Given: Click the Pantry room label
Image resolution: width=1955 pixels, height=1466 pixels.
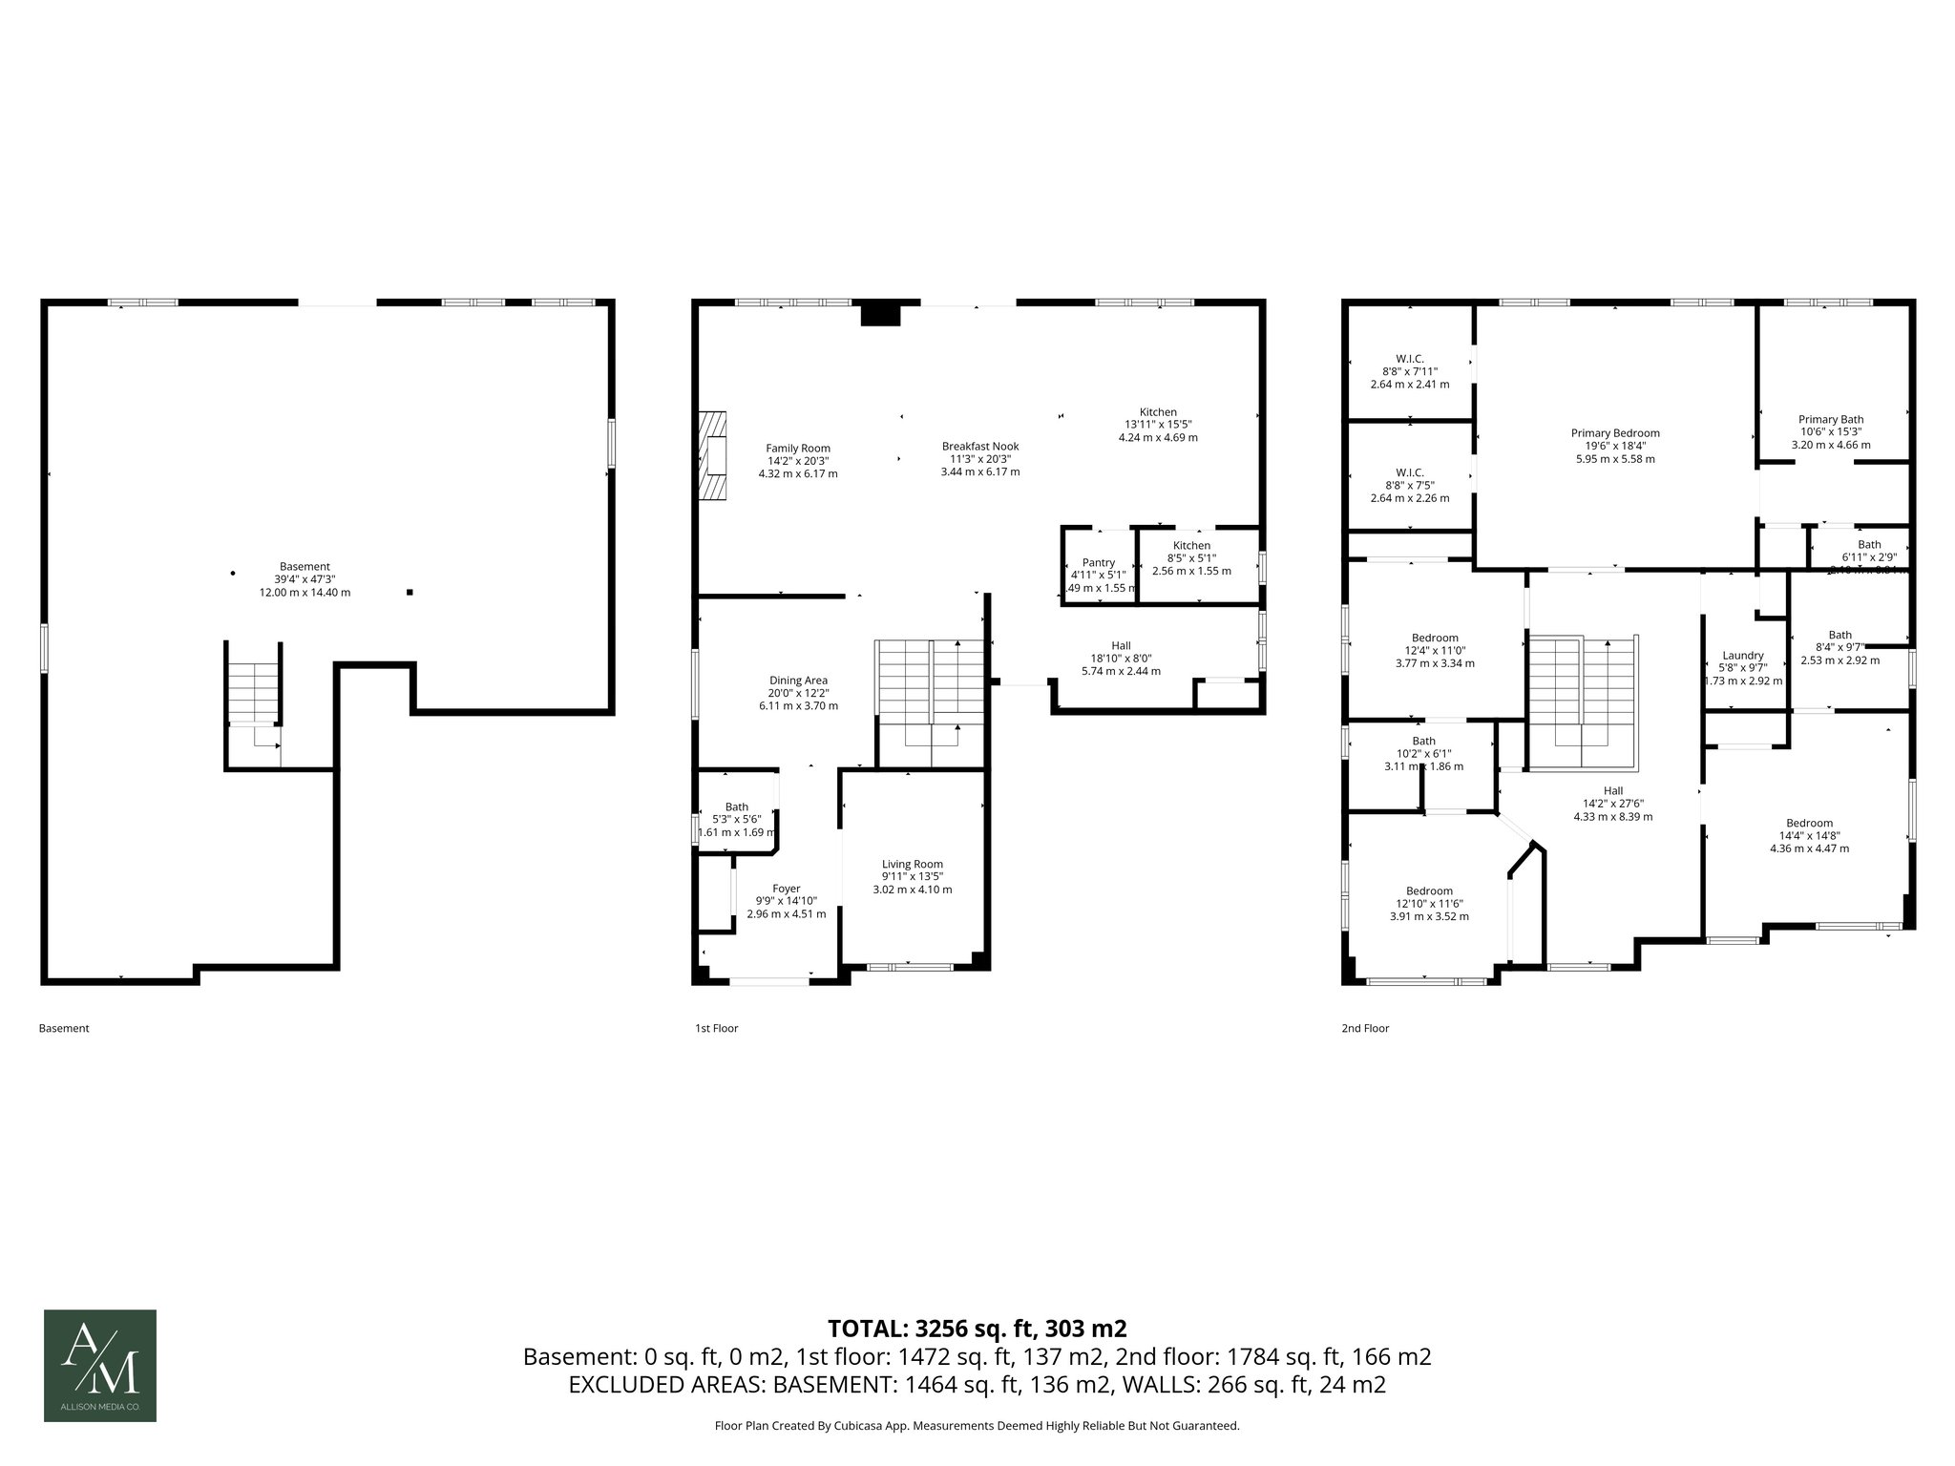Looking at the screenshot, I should tap(1099, 563).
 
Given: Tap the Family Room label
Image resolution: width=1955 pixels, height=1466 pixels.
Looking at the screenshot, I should tap(798, 448).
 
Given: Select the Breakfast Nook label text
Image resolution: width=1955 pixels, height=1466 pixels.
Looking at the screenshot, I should tap(980, 446).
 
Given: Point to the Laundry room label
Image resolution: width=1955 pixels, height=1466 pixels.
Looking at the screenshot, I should tap(1743, 656).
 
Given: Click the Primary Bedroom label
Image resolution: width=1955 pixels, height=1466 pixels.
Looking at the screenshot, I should tap(1615, 433).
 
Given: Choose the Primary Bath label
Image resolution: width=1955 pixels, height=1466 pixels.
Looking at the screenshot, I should tap(1831, 419).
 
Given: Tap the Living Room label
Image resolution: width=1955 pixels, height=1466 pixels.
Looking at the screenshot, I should tap(913, 864).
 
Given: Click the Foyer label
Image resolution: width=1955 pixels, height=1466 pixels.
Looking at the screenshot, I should tap(787, 889).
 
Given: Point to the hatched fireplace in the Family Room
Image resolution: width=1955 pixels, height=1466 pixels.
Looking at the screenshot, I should tap(712, 455).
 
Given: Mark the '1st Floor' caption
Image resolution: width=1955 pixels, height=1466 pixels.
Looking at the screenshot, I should tap(716, 1028).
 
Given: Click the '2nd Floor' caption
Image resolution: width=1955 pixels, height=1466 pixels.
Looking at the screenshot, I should tap(1365, 1028).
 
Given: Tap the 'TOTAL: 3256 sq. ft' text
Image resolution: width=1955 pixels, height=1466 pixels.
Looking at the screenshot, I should tap(977, 1329).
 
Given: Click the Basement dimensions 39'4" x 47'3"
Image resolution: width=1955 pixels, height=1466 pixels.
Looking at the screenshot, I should tap(305, 579).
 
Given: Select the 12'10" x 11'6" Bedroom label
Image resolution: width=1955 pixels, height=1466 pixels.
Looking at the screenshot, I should tap(1429, 904).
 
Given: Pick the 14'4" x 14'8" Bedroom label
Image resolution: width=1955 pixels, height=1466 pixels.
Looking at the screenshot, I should tap(1810, 835).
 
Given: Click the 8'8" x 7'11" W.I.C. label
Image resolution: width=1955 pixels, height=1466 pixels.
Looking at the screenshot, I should tap(1410, 371).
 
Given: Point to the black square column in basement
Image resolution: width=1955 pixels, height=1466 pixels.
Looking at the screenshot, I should tap(410, 592).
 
